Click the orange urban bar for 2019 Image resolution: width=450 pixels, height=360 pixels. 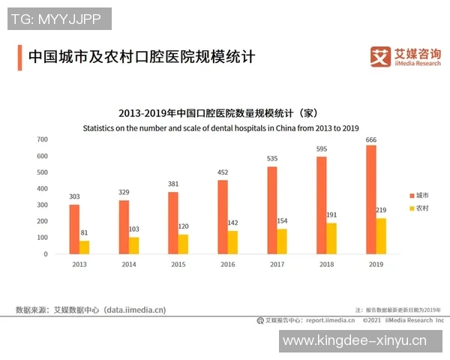(x=370, y=199)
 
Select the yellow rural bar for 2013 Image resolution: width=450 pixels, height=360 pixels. (x=84, y=247)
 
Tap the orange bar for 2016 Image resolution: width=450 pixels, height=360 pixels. (x=223, y=217)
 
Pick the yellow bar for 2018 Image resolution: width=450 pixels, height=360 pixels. (x=331, y=238)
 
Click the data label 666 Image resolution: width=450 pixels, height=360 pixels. (x=370, y=139)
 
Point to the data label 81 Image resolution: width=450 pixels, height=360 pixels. (x=84, y=233)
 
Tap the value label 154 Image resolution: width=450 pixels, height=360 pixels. (x=282, y=221)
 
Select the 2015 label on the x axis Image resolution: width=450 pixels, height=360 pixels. (x=178, y=265)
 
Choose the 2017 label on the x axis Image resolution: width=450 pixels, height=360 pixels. (x=277, y=265)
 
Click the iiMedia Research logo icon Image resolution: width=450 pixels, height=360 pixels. (x=381, y=56)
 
